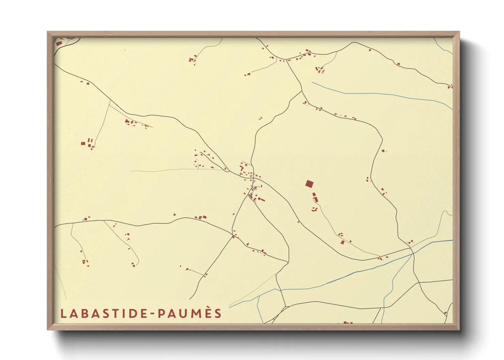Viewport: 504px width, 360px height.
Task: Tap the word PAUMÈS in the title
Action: pos(190,313)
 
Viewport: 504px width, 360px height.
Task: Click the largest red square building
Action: pos(309,184)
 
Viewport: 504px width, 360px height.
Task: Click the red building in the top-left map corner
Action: pos(58,44)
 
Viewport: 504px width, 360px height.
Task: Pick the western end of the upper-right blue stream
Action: pos(313,82)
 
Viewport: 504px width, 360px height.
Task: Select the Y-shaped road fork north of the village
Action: pos(302,91)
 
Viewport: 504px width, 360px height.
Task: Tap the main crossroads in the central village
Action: pos(253,178)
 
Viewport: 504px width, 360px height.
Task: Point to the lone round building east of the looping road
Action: pos(383,150)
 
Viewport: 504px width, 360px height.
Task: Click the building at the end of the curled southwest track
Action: pos(133,265)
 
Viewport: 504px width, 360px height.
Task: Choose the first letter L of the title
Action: pos(63,313)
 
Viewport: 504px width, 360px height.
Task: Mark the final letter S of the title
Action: pos(218,313)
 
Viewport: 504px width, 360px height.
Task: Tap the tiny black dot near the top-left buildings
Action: pos(125,50)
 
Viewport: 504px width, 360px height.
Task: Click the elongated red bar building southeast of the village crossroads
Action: pos(262,199)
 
